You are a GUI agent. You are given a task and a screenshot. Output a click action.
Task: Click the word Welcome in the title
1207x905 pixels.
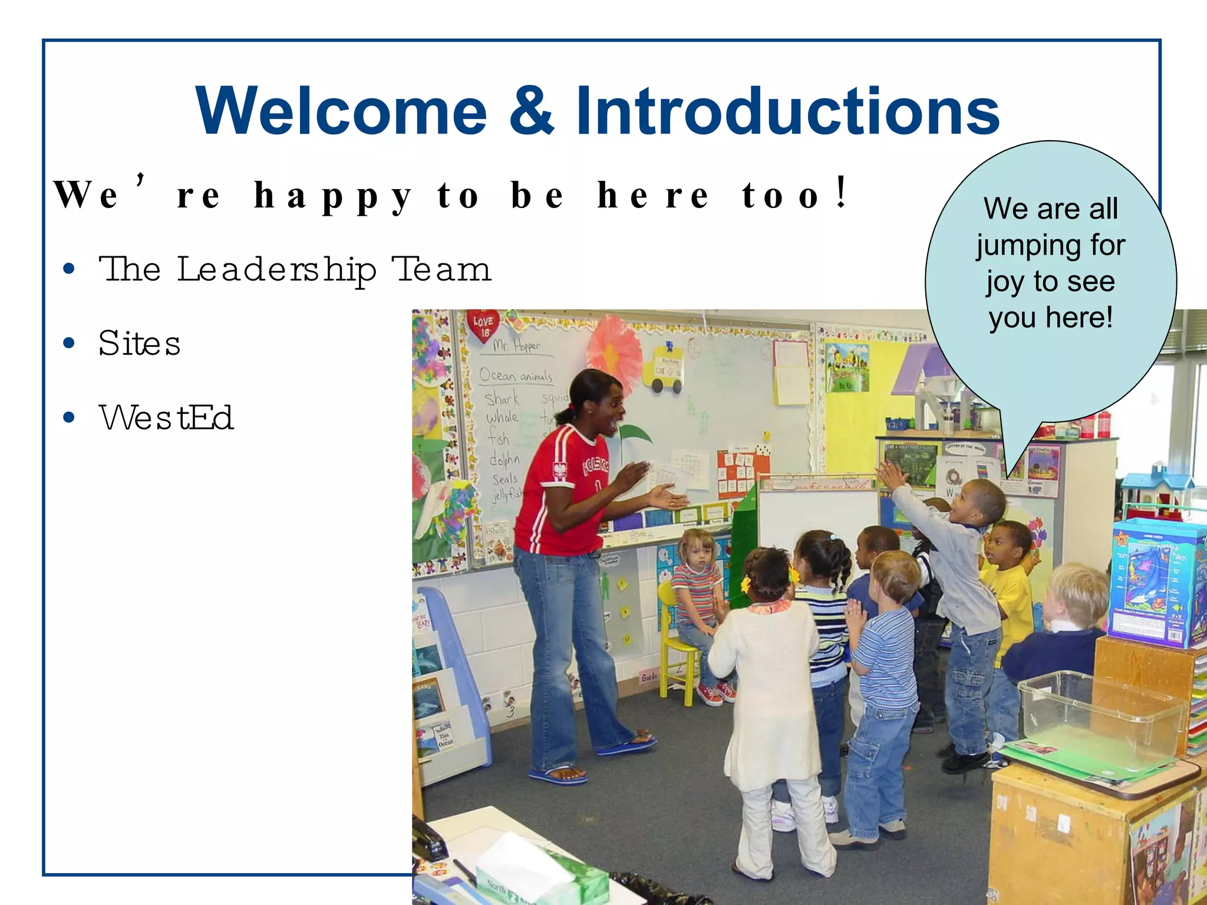[341, 111]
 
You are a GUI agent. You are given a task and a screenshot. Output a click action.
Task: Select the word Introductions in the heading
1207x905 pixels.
[787, 111]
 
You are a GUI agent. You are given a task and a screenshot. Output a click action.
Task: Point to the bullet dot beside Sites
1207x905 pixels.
[69, 343]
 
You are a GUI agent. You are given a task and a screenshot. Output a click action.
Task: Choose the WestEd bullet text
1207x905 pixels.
[166, 418]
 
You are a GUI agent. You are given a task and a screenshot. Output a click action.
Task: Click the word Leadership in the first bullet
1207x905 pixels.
[276, 270]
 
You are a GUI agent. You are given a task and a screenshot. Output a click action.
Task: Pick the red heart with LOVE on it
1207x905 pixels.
[483, 326]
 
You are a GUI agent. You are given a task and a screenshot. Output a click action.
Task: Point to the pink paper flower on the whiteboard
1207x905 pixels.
[614, 351]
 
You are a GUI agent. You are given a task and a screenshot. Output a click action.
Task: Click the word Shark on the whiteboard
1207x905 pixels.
[502, 399]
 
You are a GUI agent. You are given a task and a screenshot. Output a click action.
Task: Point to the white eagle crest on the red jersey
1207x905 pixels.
[559, 470]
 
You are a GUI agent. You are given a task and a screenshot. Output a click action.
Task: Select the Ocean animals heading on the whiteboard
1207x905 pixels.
[515, 375]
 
